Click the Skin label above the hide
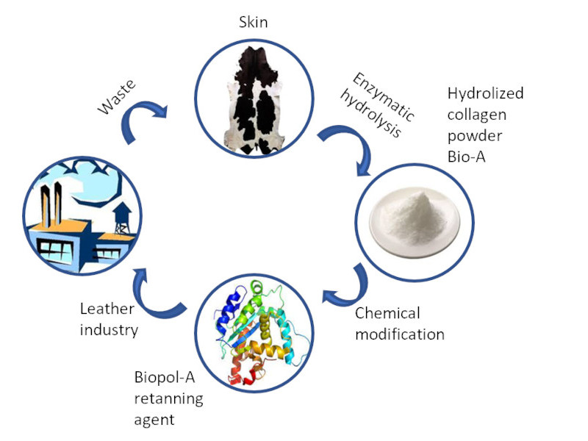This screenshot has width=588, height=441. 253,23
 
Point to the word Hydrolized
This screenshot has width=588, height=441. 485,93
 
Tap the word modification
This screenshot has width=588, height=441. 400,334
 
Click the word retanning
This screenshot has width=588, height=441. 168,399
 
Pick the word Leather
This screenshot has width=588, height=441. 106,309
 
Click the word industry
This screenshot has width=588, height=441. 108,330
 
